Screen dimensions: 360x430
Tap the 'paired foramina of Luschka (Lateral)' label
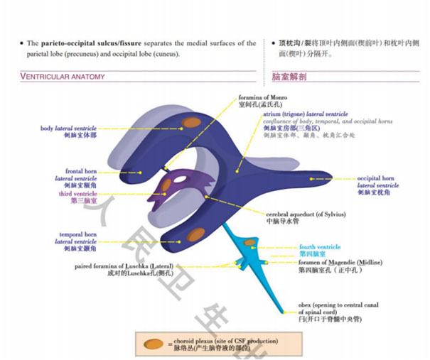click(x=143, y=266)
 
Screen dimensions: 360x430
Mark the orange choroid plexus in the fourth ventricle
click(x=250, y=244)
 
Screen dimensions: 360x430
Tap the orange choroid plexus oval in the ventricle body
click(x=190, y=123)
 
